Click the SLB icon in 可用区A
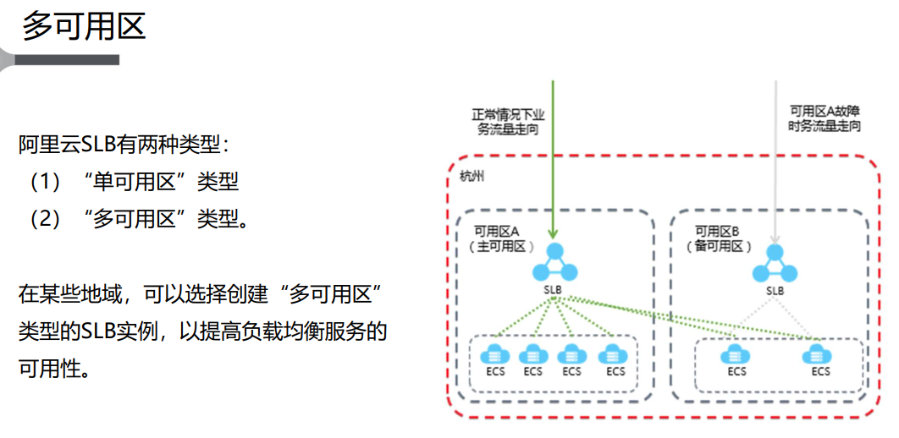pyautogui.click(x=554, y=263)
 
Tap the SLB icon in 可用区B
pyautogui.click(x=775, y=263)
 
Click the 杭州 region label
pyautogui.click(x=471, y=176)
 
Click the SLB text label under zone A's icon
pyautogui.click(x=554, y=291)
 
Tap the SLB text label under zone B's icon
pyautogui.click(x=775, y=291)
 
